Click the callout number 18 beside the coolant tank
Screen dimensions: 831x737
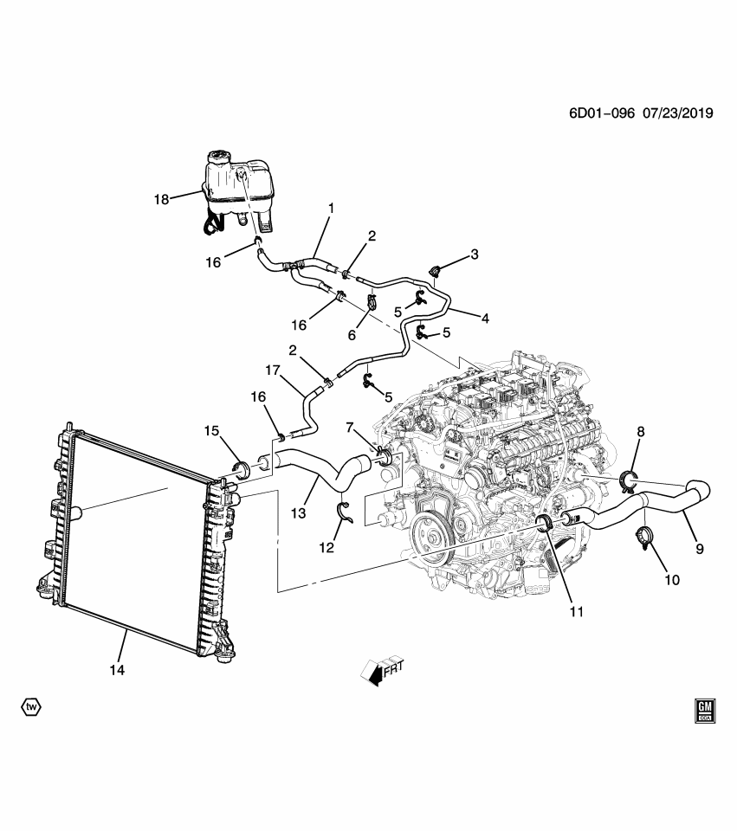click(x=161, y=198)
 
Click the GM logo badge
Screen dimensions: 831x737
click(x=704, y=710)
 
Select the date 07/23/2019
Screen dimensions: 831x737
click(x=676, y=113)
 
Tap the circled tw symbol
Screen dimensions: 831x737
click(x=31, y=707)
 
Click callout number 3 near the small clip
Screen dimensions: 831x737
click(x=475, y=254)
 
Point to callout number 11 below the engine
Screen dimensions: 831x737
click(x=577, y=611)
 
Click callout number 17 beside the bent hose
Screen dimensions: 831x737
click(x=274, y=370)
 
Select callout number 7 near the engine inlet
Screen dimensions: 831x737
click(x=351, y=428)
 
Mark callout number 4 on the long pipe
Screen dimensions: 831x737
click(x=485, y=318)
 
